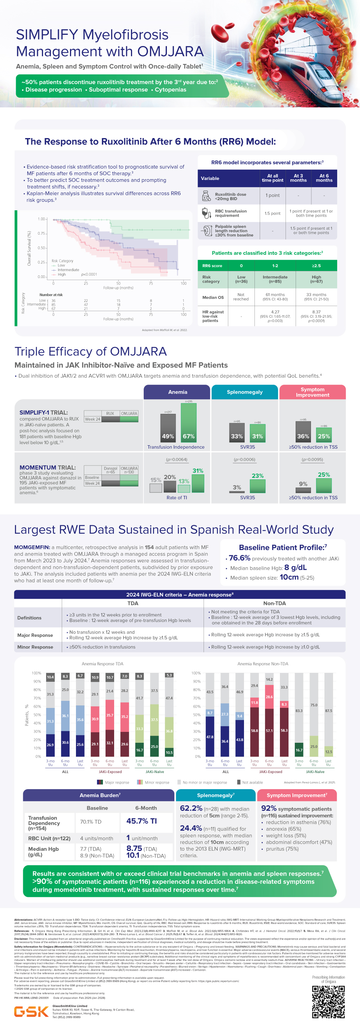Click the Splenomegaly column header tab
244,392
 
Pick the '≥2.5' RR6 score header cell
316,266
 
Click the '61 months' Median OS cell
275,297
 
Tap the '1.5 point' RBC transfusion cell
272,213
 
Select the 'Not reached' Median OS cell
241,297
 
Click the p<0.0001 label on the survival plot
89,274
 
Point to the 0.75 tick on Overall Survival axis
41,233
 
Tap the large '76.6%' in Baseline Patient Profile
240,558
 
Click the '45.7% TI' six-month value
141,821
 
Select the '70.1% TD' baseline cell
91,822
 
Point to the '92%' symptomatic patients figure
268,808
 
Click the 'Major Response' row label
35,635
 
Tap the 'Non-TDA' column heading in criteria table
275,603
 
